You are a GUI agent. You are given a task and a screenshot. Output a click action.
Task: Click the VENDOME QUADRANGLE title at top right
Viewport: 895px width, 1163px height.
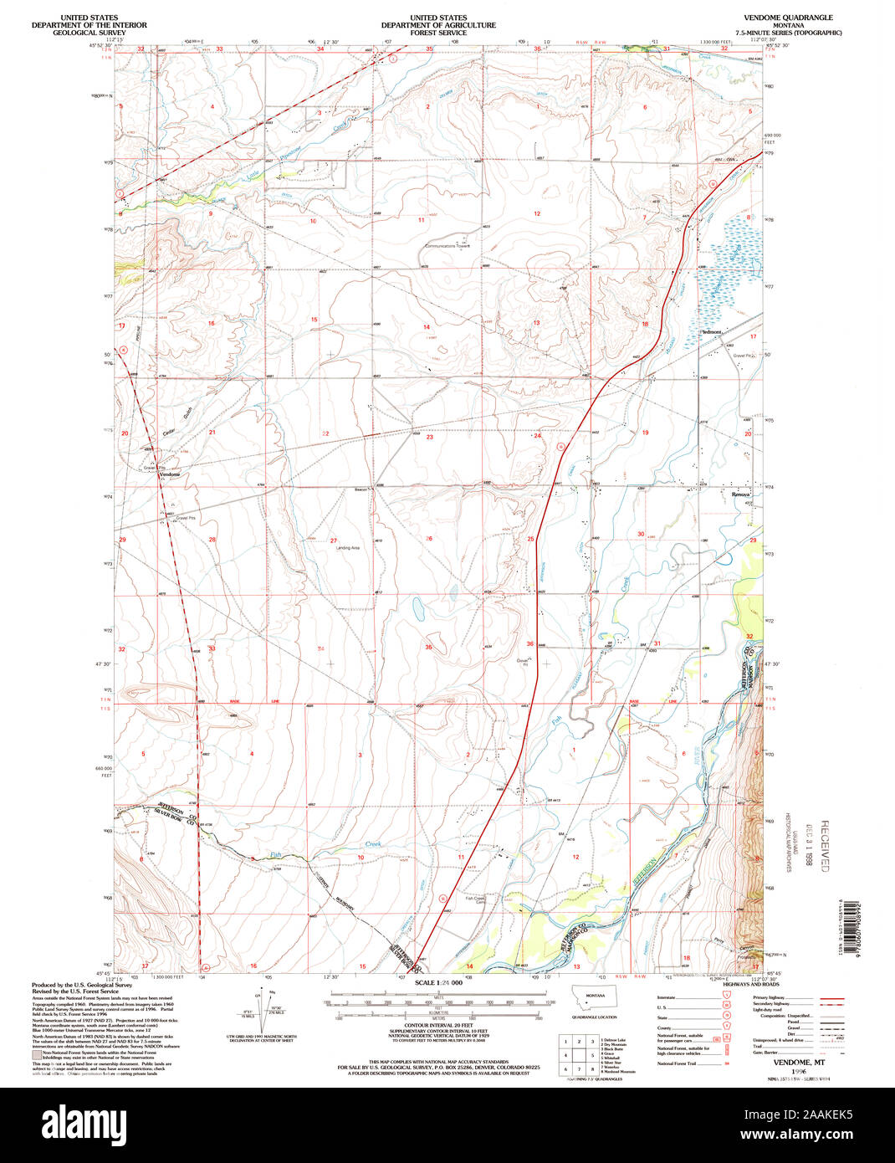tap(782, 18)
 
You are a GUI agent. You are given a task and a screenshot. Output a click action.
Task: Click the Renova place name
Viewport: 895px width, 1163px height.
tap(741, 494)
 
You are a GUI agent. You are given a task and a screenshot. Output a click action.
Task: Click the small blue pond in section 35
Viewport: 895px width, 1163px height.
tap(417, 608)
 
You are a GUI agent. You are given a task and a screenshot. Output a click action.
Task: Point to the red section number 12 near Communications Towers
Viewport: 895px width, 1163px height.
tap(537, 214)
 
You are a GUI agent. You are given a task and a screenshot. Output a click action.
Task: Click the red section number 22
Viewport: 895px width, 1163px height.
tap(325, 433)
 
